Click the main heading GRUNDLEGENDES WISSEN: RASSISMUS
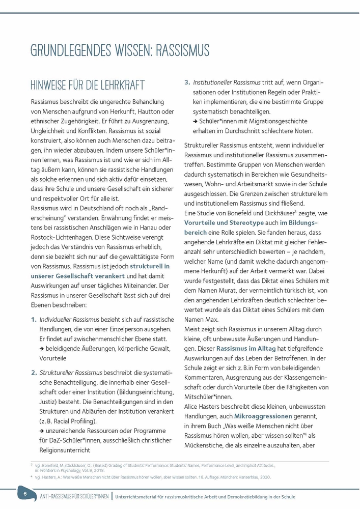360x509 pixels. [x=120, y=51]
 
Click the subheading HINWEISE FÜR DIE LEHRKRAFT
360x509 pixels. [x=88, y=85]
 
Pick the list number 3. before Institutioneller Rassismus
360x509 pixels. [x=187, y=82]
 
